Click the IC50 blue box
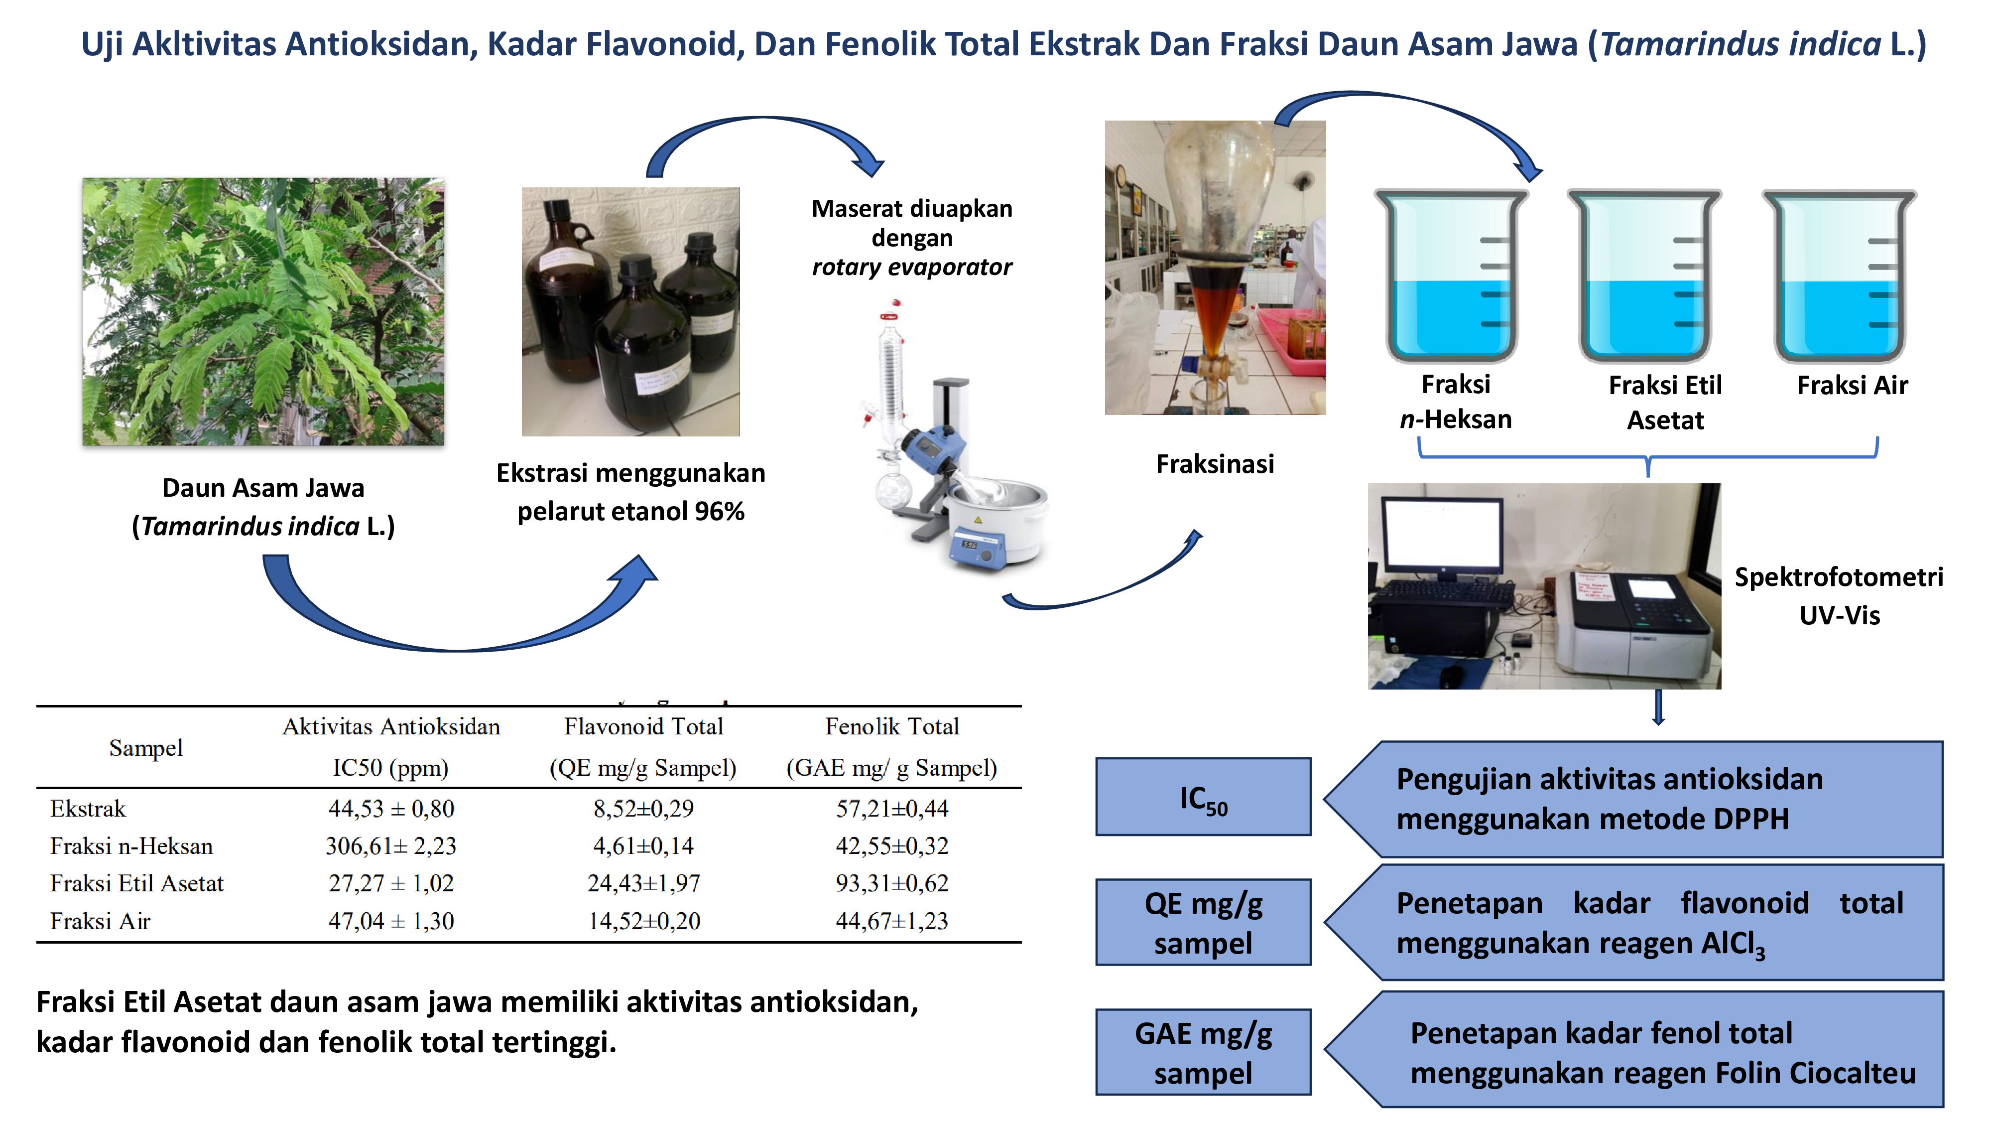(x=1203, y=796)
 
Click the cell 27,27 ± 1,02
(x=391, y=883)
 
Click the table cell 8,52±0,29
(x=643, y=809)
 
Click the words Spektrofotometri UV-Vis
(x=1839, y=596)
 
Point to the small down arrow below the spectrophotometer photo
(x=1658, y=707)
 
